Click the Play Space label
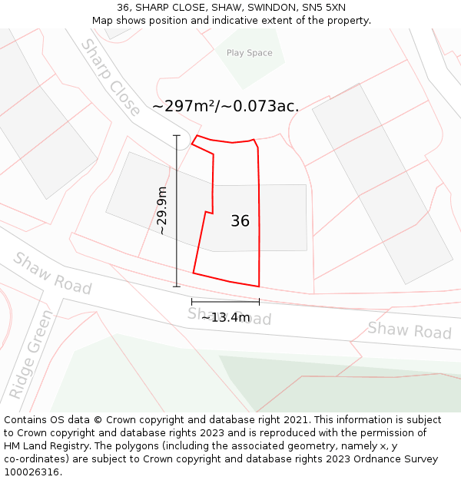point(249,53)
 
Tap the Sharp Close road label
point(111,77)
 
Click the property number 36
point(240,221)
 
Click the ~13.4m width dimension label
point(226,317)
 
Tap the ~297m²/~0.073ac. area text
point(225,107)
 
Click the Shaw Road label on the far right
point(409,330)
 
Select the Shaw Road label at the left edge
point(52,273)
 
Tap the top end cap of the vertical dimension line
point(177,136)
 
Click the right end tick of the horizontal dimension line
point(259,302)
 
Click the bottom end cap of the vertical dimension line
point(177,286)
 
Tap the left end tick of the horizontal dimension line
point(191,302)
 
